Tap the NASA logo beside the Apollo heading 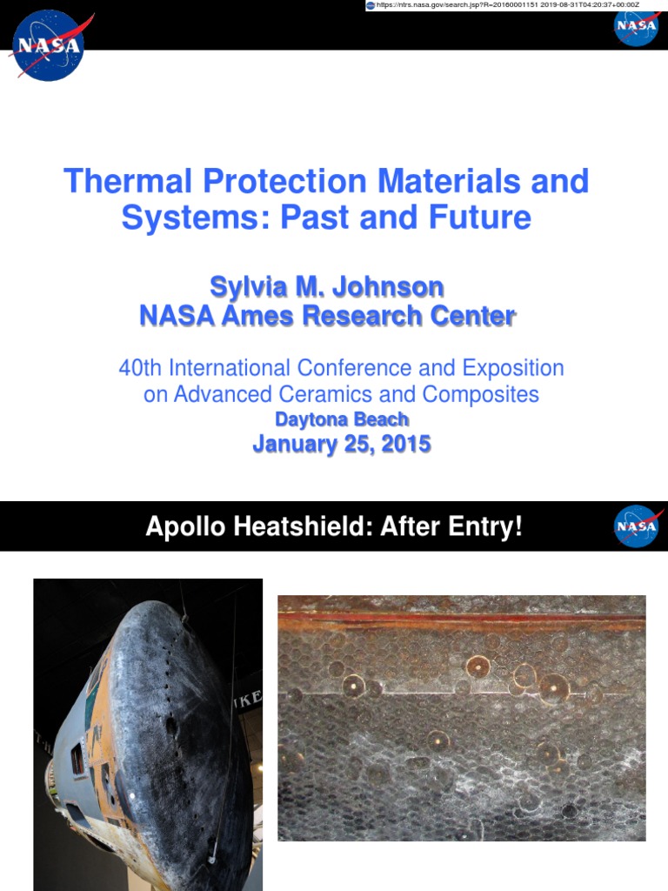pos(637,526)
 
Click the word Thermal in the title pos(128,182)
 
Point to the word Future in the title pos(482,218)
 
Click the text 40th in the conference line pos(141,368)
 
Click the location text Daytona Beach pos(342,419)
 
